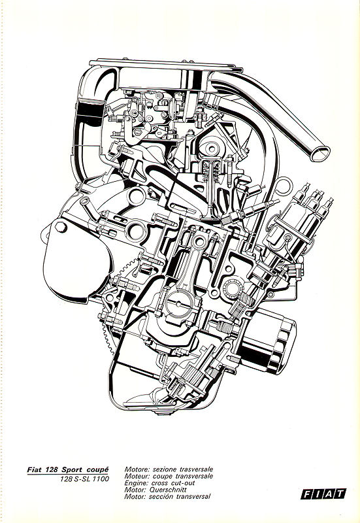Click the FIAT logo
point(323,494)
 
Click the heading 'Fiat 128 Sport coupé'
point(68,469)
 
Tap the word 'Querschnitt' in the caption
point(168,490)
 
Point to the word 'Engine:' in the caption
point(137,483)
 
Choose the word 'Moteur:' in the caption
point(137,477)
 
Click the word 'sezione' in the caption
point(164,469)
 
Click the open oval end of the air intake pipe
point(319,154)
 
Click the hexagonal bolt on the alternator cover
point(61,228)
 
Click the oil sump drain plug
point(163,414)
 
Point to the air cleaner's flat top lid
point(166,65)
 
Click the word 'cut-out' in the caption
point(183,483)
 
